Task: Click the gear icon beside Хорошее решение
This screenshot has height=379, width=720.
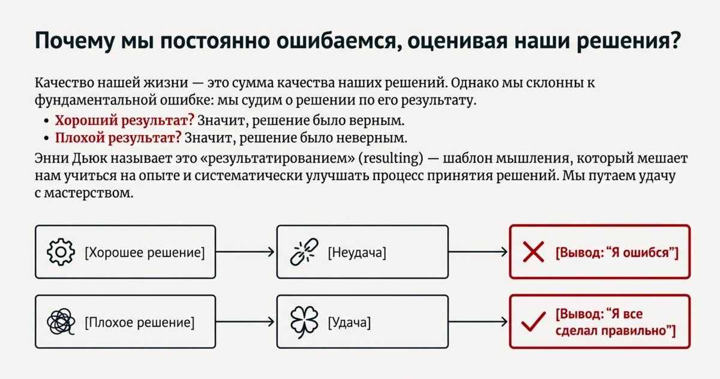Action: [x=61, y=252]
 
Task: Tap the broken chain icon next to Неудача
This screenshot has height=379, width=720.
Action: [x=302, y=252]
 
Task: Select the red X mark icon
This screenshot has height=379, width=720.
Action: [x=533, y=252]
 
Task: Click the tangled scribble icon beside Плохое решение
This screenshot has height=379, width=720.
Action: [x=61, y=323]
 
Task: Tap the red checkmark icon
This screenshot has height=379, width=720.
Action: [x=533, y=323]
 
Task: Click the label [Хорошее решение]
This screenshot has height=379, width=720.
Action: [x=145, y=253]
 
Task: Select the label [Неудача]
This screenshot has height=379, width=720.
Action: [x=356, y=253]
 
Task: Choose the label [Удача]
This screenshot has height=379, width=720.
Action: [x=349, y=323]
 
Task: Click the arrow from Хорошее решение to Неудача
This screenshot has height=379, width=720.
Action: [x=245, y=252]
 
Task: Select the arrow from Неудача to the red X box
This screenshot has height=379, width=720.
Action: [x=478, y=252]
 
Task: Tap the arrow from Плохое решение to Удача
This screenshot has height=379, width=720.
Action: [x=245, y=323]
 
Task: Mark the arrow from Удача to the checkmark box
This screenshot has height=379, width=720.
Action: [x=478, y=323]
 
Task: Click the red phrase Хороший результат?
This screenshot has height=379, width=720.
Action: [x=124, y=120]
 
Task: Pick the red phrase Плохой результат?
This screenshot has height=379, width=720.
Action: [x=118, y=138]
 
